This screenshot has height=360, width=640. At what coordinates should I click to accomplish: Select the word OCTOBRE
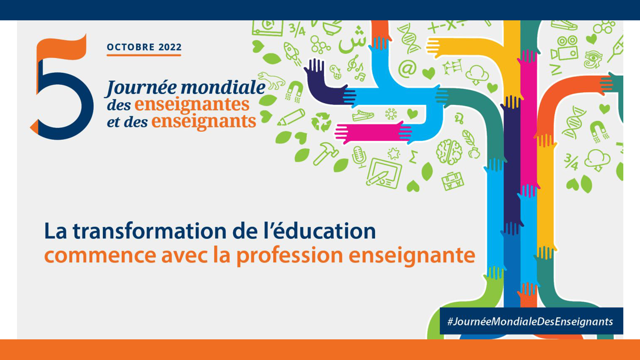coord(131,47)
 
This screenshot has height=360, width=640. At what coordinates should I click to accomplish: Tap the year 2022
coord(170,47)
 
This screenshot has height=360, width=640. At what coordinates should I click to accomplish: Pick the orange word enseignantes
coord(192,104)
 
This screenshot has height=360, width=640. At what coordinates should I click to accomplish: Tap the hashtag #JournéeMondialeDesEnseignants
coord(530,322)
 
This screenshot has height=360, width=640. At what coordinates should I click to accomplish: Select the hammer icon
coord(325,153)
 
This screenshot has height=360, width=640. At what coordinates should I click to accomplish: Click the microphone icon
coord(359,156)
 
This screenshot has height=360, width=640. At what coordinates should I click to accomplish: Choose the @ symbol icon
coord(407,69)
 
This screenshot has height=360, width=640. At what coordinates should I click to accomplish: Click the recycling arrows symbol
coord(321,121)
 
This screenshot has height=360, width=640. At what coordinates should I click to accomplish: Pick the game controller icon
coord(336,72)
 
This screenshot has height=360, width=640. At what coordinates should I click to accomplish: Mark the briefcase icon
coord(452,181)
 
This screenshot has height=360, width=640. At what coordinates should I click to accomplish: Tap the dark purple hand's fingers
coord(314,65)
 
